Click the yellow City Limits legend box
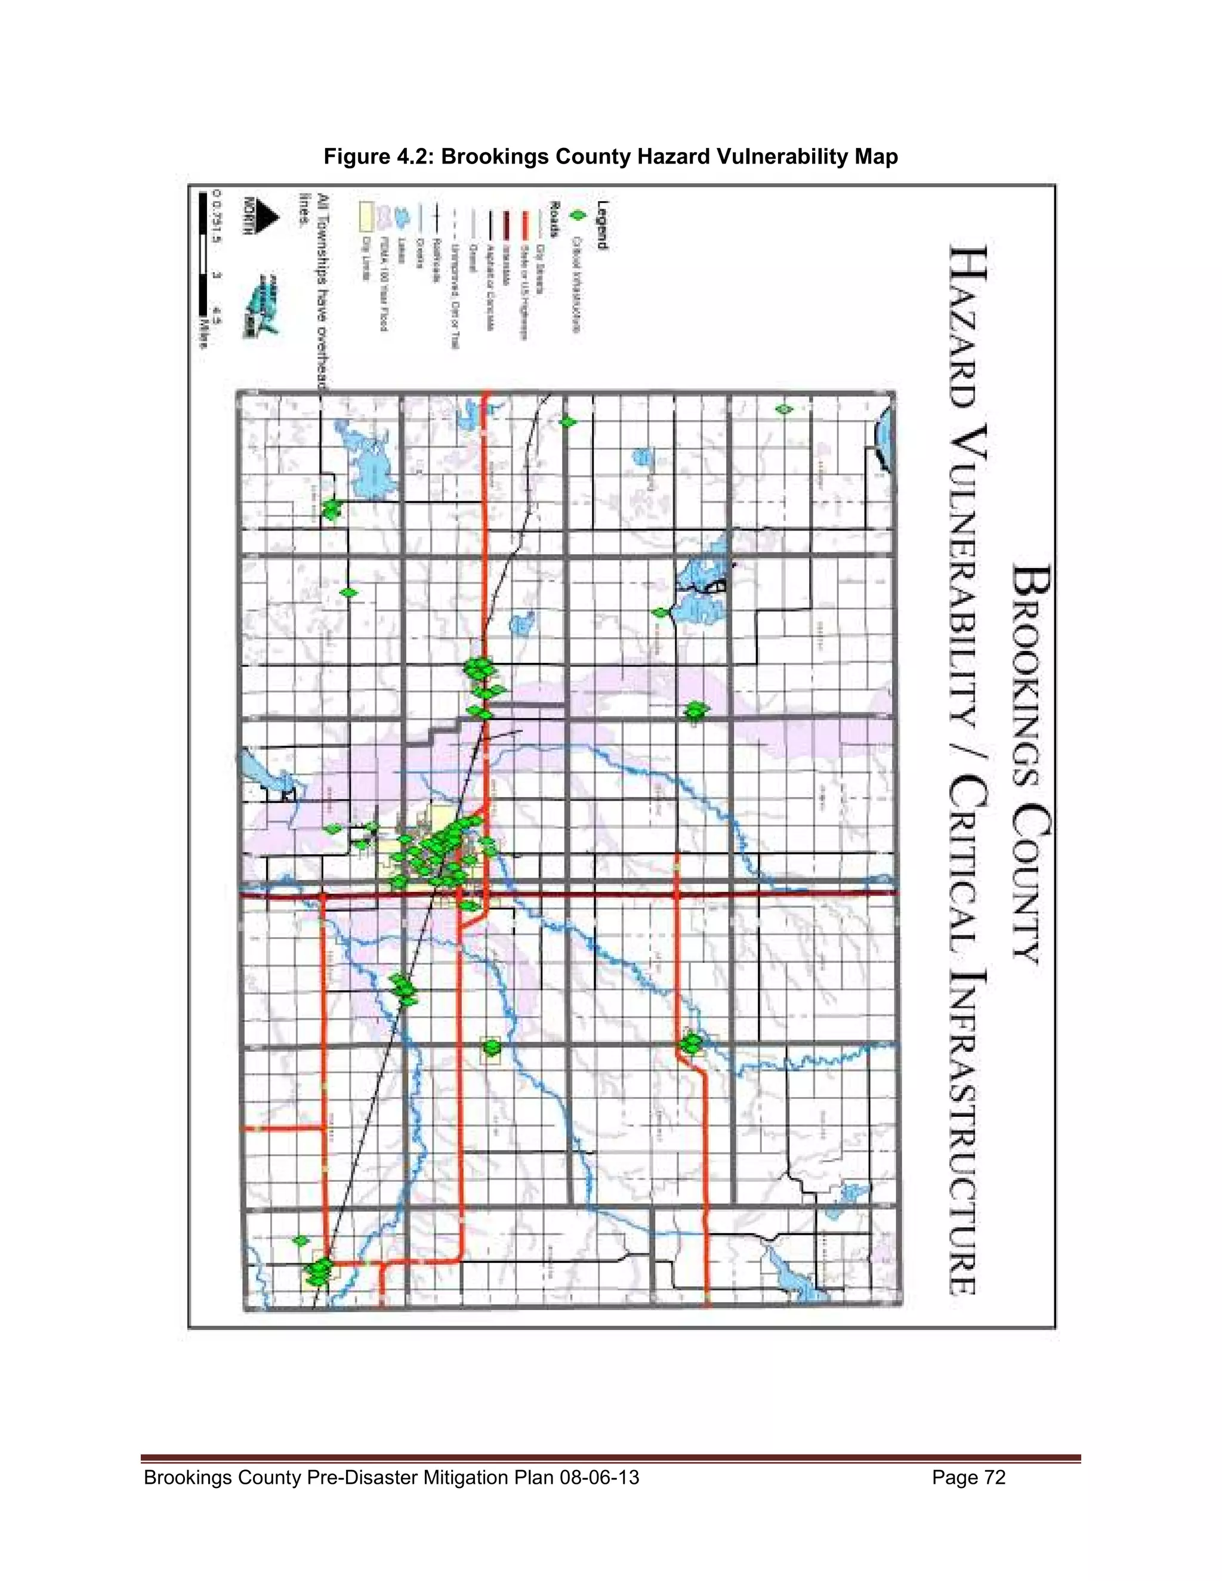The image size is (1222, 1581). (x=366, y=215)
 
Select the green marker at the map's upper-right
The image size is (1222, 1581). (x=783, y=410)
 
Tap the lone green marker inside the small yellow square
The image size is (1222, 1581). (x=492, y=1047)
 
